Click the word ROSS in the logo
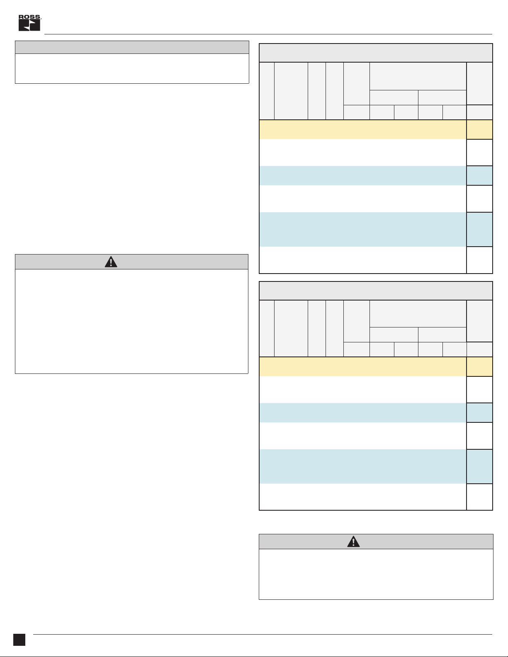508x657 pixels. (29, 17)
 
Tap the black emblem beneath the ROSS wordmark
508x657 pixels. (29, 25)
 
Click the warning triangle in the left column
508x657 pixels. (111, 262)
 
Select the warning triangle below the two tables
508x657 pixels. (353, 541)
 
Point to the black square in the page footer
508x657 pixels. (19, 640)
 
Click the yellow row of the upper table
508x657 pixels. (362, 129)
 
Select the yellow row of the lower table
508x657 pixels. (362, 366)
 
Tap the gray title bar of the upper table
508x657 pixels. (376, 53)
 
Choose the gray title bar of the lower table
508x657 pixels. (376, 291)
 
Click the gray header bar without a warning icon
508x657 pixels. (132, 47)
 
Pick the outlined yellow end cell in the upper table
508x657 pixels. (479, 129)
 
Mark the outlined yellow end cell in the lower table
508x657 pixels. (479, 366)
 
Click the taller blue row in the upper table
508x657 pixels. (362, 229)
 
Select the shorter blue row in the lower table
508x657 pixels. (362, 412)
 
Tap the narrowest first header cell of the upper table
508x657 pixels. (267, 91)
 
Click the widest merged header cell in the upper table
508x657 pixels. (418, 76)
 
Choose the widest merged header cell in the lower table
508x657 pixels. (418, 313)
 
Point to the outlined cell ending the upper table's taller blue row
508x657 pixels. (479, 229)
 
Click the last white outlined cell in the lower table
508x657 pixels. (479, 497)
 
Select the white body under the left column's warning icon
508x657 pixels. (131, 321)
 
